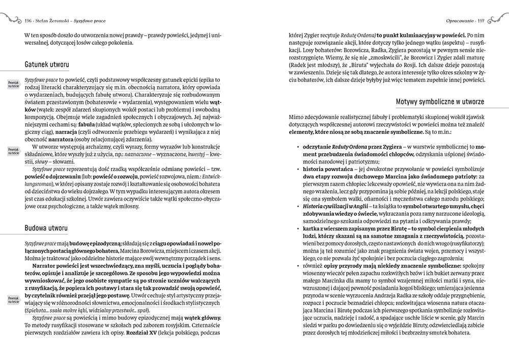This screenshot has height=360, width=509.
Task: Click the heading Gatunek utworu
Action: [47, 65]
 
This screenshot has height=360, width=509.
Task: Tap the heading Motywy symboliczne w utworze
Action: [440, 102]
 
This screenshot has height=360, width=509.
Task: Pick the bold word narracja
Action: [60, 132]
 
